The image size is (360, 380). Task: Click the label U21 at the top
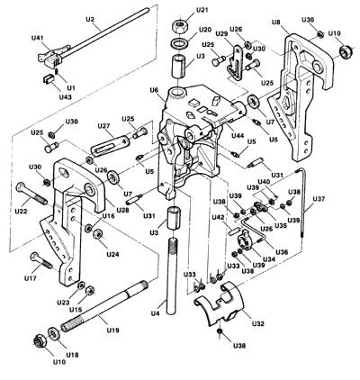click(202, 10)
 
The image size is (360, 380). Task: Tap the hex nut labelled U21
click(180, 26)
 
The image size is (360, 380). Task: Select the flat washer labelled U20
click(180, 43)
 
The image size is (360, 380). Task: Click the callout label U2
click(90, 19)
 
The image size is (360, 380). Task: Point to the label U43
click(65, 97)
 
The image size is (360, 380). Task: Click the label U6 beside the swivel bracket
click(154, 89)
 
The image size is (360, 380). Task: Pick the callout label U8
click(276, 22)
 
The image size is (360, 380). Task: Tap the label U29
click(222, 34)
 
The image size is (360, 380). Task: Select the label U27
click(103, 126)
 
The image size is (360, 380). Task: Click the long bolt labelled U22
click(31, 194)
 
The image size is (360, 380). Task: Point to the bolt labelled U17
click(41, 261)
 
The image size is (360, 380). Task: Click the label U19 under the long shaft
click(112, 330)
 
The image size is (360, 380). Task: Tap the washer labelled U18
click(54, 333)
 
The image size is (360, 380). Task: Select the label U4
click(155, 314)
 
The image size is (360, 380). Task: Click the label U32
click(258, 323)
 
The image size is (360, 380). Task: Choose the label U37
click(319, 198)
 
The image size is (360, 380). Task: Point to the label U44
click(237, 136)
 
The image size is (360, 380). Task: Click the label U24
click(112, 254)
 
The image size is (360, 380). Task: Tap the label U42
click(218, 216)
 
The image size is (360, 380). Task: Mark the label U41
click(37, 38)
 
